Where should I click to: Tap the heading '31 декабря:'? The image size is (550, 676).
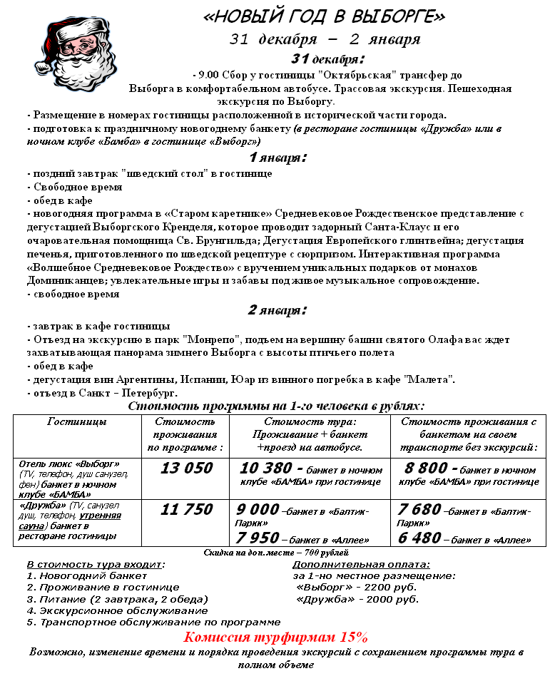click(x=327, y=58)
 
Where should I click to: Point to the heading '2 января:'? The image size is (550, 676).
click(x=277, y=310)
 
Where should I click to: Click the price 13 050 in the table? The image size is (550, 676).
click(x=186, y=468)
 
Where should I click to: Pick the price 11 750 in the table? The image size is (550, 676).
click(x=186, y=509)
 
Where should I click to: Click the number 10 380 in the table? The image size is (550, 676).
click(x=266, y=468)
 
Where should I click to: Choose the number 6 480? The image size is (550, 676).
click(x=419, y=537)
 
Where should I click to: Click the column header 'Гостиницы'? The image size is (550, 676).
click(x=77, y=422)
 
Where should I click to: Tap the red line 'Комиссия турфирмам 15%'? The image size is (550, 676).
click(x=275, y=637)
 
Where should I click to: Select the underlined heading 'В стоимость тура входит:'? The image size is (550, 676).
click(x=96, y=564)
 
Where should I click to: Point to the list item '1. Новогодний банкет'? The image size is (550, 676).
click(x=86, y=575)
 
